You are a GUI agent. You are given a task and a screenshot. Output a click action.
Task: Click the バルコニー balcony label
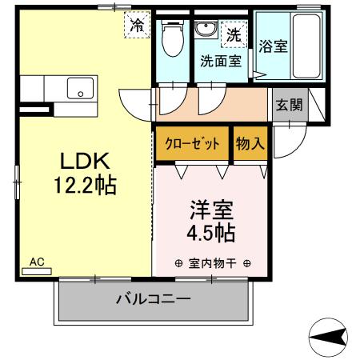pos(152,300)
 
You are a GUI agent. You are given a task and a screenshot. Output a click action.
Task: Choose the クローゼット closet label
pos(193,145)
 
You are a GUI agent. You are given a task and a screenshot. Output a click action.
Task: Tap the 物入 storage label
pos(250,145)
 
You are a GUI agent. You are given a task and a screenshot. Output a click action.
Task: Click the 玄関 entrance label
pos(289,104)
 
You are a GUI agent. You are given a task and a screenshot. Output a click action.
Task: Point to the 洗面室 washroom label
pos(221,60)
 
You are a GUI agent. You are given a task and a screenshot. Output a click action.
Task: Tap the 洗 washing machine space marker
pos(234,34)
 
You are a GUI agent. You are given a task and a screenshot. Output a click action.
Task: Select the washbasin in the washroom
pos(205,30)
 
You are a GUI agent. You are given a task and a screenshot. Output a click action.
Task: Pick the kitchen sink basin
pos(81,88)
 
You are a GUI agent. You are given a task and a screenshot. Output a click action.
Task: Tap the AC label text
pos(37,262)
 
